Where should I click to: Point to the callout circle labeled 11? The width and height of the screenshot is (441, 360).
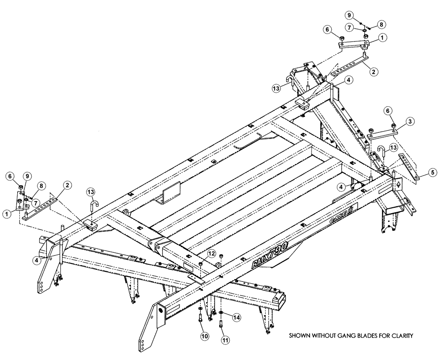tap(225, 340)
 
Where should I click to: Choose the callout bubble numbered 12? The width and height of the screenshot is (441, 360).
tap(212, 253)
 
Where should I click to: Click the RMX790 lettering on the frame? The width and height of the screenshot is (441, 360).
tap(269, 255)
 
